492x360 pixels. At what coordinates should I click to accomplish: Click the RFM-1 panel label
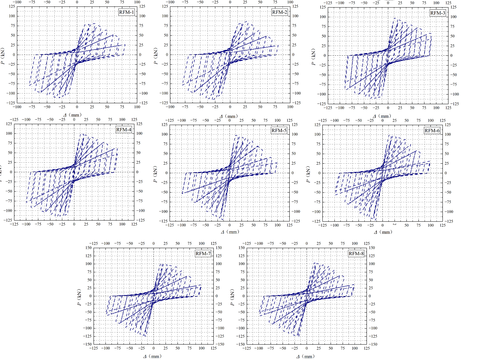click(x=126, y=12)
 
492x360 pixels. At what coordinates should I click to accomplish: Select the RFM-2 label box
click(x=279, y=12)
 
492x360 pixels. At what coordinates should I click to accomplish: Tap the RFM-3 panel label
click(x=438, y=13)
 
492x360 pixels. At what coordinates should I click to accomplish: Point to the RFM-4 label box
click(x=124, y=130)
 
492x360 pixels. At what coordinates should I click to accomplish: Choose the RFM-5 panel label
click(x=279, y=130)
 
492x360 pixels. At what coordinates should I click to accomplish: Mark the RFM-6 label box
click(x=432, y=130)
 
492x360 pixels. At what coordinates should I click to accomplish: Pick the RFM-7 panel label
click(x=203, y=253)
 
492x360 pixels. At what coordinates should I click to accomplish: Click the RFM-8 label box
click(x=356, y=253)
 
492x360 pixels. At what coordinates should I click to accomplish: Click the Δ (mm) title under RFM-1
click(x=73, y=115)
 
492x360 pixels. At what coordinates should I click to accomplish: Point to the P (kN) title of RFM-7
click(x=79, y=298)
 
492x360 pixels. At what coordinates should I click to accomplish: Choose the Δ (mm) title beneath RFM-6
click(x=383, y=232)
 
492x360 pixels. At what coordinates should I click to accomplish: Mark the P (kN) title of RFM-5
click(x=155, y=175)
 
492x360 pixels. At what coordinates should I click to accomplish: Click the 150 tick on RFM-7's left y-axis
click(x=88, y=248)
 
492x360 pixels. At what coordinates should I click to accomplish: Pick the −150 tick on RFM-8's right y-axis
click(x=372, y=344)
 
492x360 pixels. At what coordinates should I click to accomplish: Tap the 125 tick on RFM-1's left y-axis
click(x=12, y=7)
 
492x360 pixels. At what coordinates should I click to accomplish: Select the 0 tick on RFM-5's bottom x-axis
click(x=229, y=225)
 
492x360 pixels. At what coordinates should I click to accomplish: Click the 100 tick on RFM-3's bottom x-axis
click(x=436, y=108)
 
